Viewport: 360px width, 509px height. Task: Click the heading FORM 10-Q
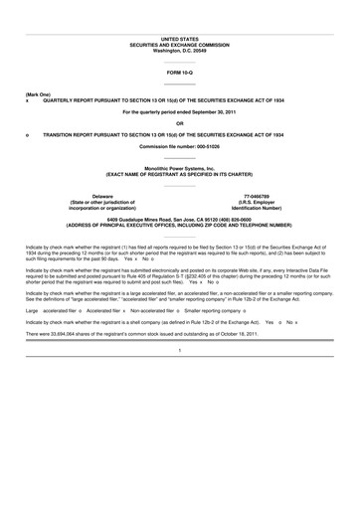tap(180, 73)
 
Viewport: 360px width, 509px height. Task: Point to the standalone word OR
tap(180, 123)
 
